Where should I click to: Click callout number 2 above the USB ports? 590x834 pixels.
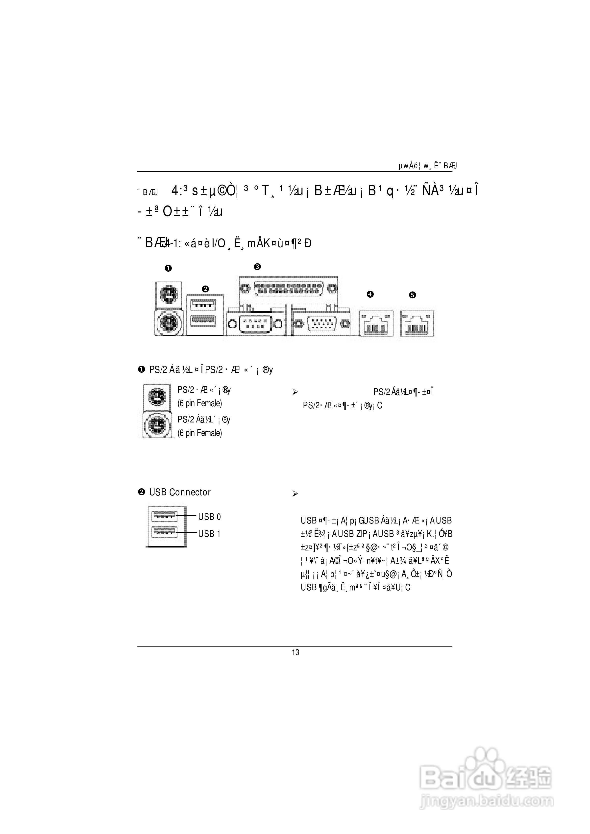[x=205, y=289]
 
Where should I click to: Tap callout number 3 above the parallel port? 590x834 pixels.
[x=257, y=267]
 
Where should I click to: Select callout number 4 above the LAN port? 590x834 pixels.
[x=370, y=294]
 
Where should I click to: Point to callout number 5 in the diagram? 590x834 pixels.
[x=412, y=295]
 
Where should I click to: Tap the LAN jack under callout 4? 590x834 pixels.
[x=376, y=323]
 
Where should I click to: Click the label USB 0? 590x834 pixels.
[x=209, y=517]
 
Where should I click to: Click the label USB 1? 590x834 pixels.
[x=209, y=534]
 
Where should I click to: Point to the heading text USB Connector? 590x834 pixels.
[x=180, y=493]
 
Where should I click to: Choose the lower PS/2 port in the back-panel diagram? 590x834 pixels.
[x=169, y=322]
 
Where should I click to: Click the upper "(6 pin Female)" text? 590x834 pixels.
[x=199, y=403]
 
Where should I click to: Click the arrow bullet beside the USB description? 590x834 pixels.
[x=295, y=494]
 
